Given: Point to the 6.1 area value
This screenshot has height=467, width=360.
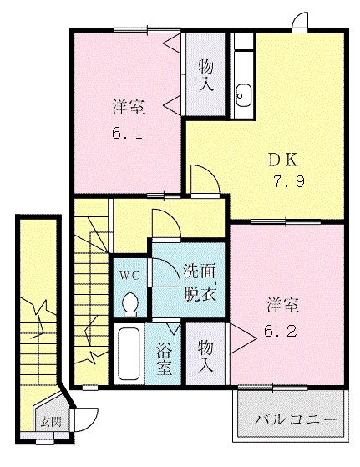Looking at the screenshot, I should pos(128,133).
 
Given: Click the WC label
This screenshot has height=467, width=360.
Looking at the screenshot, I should pos(129,274).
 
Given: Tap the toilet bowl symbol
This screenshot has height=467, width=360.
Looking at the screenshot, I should pos(130,304).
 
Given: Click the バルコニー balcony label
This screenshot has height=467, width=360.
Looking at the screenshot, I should pos(295,418).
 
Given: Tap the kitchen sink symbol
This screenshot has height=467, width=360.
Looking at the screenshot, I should pos(244,95).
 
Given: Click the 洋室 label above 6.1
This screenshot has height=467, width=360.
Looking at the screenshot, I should pos(128,108).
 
